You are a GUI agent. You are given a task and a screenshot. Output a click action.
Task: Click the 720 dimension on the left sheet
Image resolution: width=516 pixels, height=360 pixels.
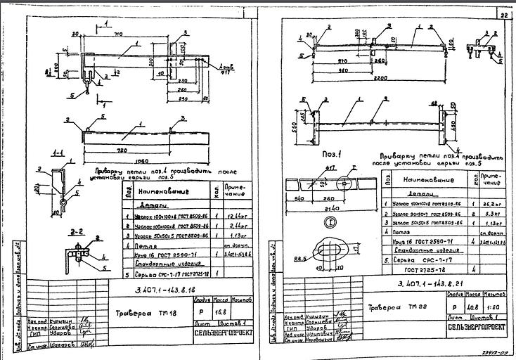point(127,151)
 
